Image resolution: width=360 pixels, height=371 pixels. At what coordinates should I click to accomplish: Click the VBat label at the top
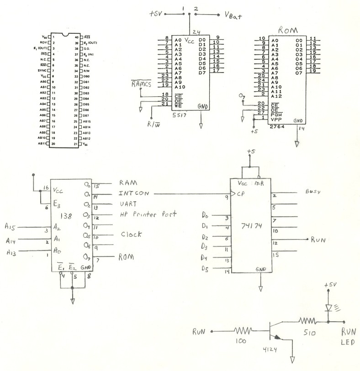(x=233, y=16)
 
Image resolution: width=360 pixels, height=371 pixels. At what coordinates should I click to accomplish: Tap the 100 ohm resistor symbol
(x=242, y=329)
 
